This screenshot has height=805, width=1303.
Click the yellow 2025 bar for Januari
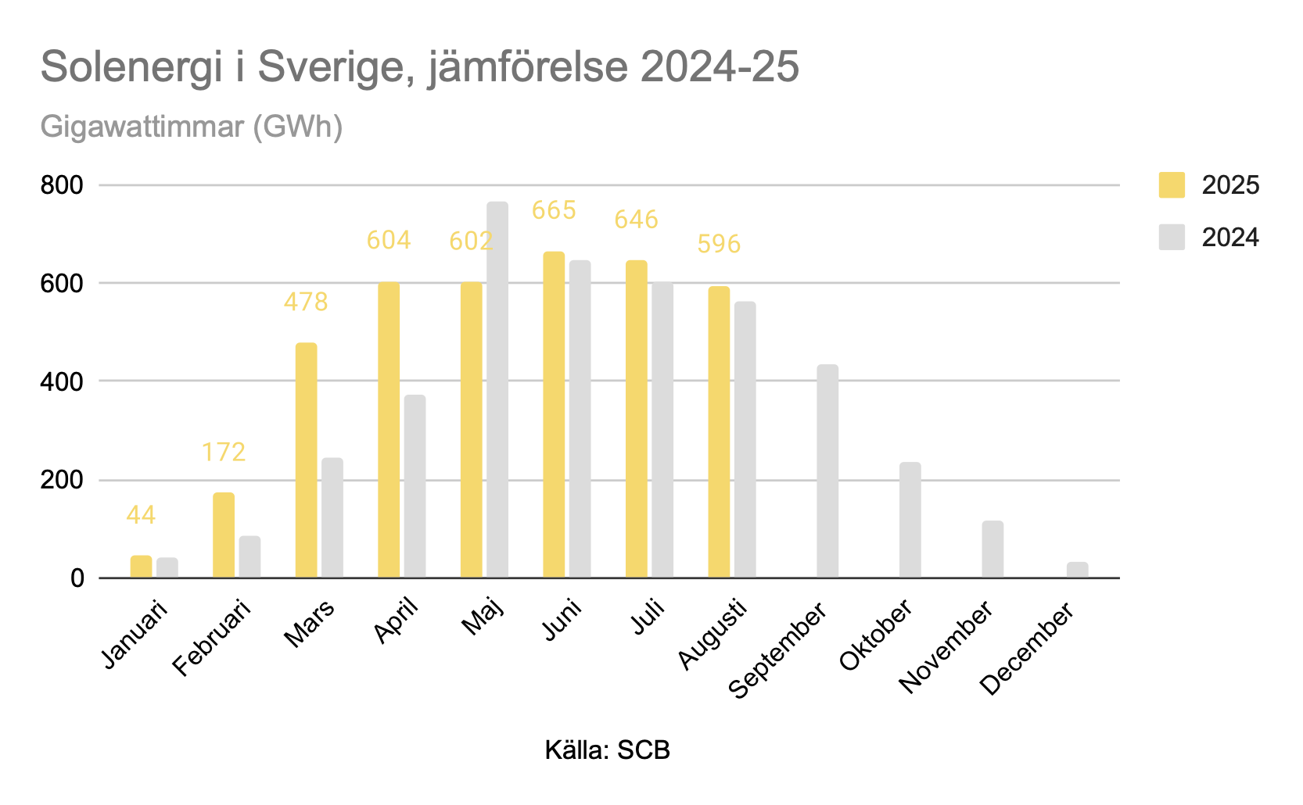tap(141, 567)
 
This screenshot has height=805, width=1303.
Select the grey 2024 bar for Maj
tap(497, 391)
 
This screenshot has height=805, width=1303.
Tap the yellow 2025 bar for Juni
tap(554, 414)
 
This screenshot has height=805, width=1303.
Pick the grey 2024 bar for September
tap(827, 471)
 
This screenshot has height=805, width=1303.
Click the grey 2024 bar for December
tap(1077, 571)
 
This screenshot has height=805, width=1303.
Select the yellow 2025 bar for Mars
tap(307, 460)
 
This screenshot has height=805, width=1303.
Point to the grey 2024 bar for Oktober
tap(910, 520)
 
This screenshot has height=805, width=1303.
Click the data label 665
tap(554, 210)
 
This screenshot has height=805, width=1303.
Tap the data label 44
tap(141, 515)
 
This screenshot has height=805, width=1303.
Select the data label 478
tap(306, 302)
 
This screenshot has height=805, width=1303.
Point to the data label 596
tap(719, 244)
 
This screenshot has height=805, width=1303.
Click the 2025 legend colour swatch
tap(1172, 185)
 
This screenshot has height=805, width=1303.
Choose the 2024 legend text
tap(1230, 238)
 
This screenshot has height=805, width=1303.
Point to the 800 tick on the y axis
tap(62, 185)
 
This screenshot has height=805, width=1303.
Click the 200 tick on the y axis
tap(62, 480)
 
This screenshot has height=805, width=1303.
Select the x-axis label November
tap(946, 646)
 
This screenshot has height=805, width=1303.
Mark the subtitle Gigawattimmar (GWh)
tap(192, 126)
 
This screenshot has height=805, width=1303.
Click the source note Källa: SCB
tap(608, 750)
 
